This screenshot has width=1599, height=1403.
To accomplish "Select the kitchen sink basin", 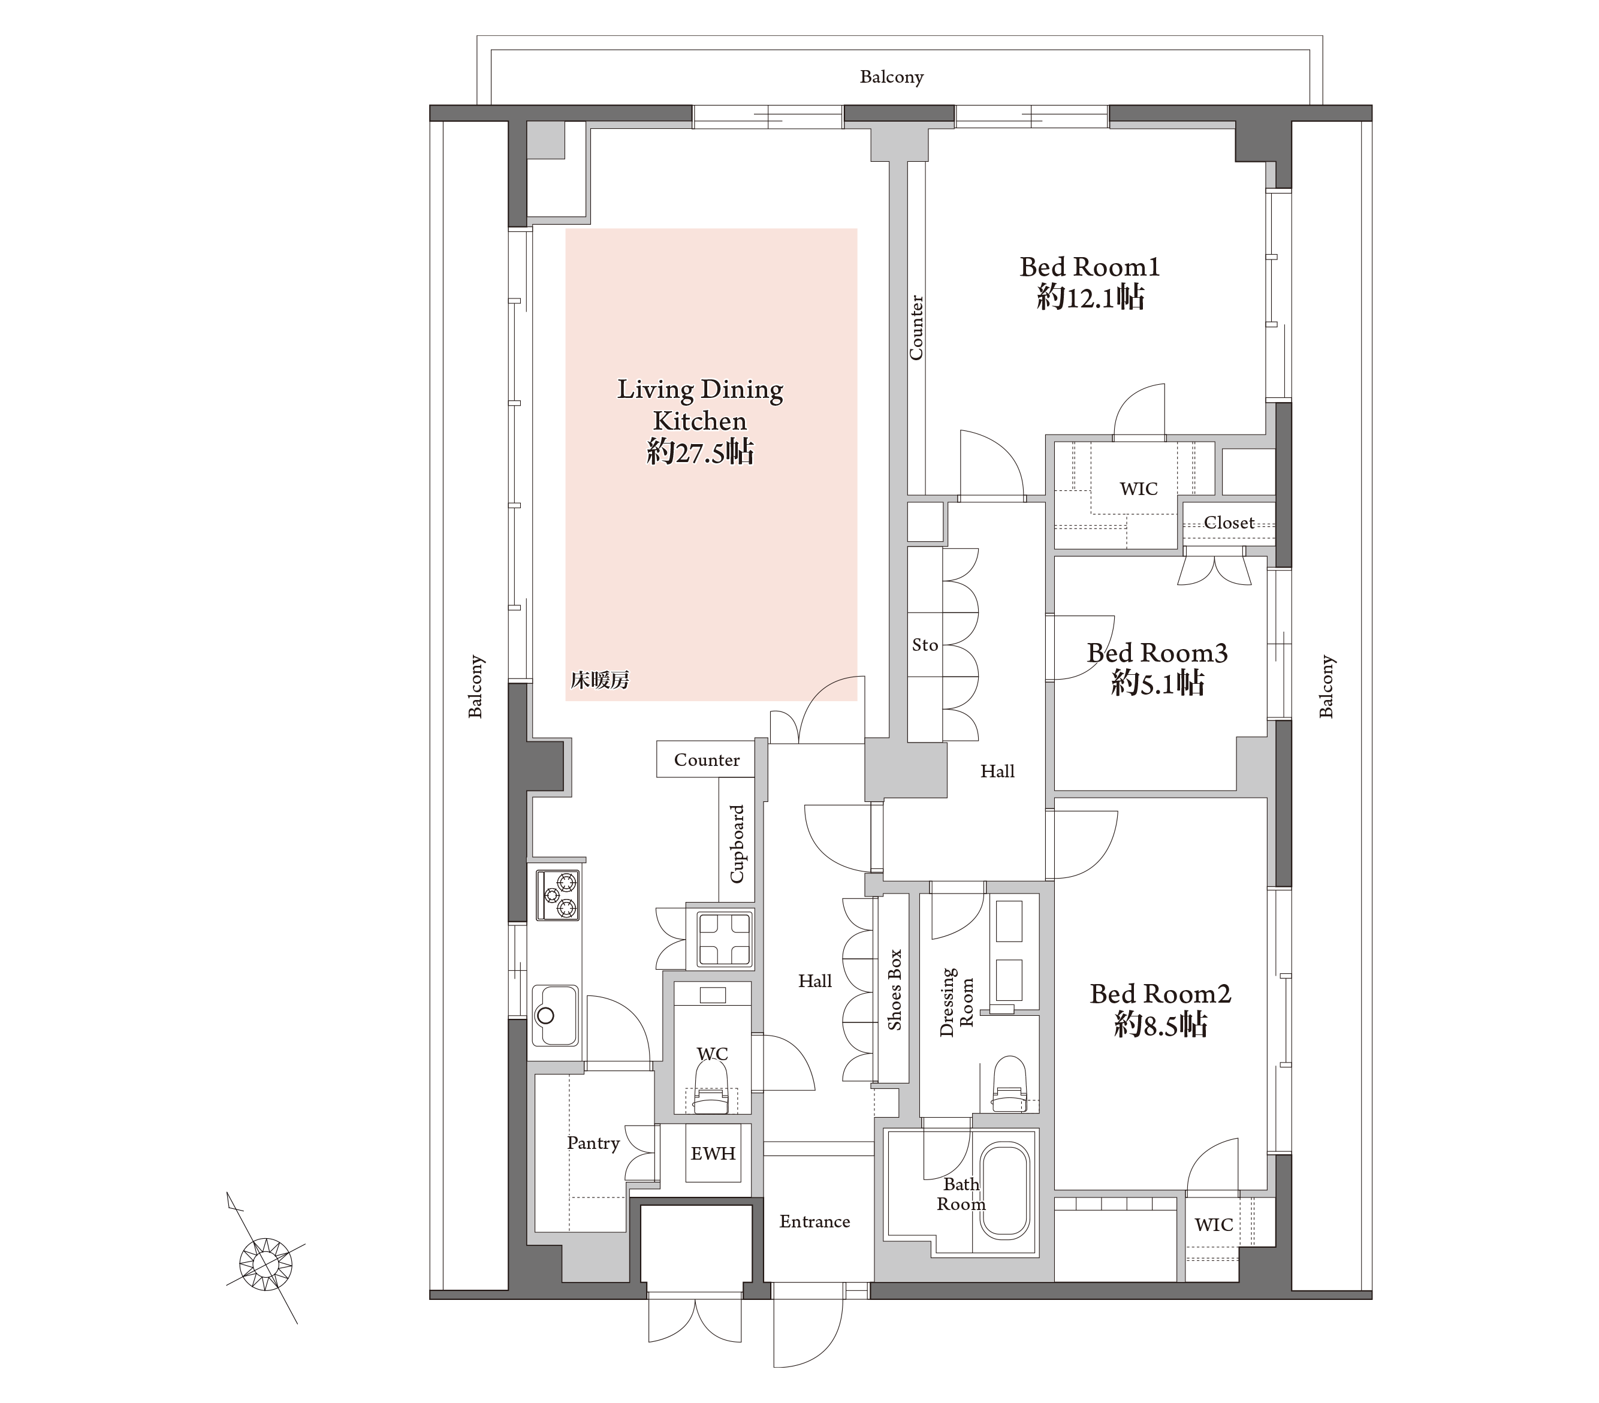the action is tap(554, 1015).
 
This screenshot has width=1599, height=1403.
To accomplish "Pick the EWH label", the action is tap(713, 1154).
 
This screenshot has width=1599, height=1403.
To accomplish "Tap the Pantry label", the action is tap(593, 1143).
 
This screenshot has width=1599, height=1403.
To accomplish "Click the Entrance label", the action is tap(814, 1221).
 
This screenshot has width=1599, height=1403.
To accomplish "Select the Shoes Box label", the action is tap(894, 990).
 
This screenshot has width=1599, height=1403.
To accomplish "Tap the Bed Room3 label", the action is tap(1157, 653).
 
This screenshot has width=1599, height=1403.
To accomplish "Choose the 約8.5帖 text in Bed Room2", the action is tap(1160, 1024).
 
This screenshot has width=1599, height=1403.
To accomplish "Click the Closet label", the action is tap(1229, 523).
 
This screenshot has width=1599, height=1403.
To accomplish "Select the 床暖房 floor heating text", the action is tap(599, 681).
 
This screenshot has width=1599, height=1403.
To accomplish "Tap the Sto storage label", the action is tap(925, 645).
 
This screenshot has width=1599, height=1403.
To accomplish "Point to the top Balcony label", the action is tap(892, 77).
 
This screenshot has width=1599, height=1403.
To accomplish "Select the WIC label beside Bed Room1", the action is tap(1138, 489).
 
